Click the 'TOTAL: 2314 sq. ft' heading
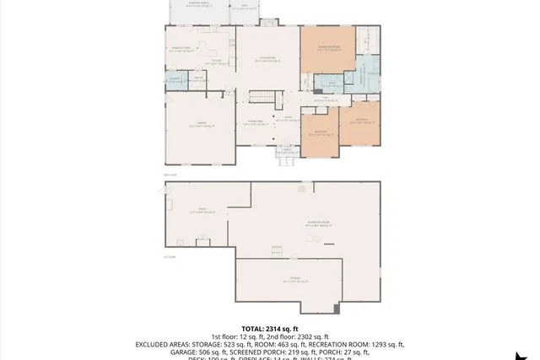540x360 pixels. click(x=270, y=329)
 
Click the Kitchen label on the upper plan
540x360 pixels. click(x=217, y=61)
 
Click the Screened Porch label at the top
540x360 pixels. click(x=200, y=4)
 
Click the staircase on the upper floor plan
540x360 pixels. click(x=262, y=97)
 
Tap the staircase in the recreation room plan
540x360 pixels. click(x=277, y=251)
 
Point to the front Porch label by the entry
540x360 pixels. click(x=287, y=152)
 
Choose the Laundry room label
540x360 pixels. click(x=175, y=79)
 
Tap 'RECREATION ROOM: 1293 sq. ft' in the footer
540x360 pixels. click(x=356, y=344)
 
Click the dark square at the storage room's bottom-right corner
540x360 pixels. click(x=337, y=309)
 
